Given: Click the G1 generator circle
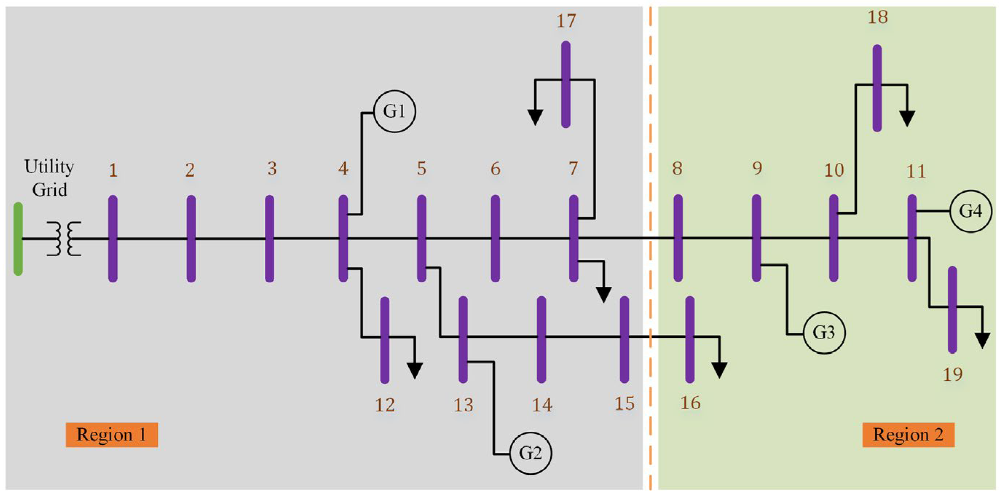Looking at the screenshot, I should point(394,112).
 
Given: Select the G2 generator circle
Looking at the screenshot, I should point(531,453).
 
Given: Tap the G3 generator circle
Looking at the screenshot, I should point(824,333).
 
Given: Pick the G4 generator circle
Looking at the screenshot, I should point(970,211).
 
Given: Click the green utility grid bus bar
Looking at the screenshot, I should point(18,239).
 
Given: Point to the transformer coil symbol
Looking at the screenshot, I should point(64,239).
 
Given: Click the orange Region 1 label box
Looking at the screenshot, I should point(111,435).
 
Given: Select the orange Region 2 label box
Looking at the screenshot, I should point(908,435).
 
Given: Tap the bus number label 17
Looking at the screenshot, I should point(566,21).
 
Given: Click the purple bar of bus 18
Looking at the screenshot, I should point(877,88).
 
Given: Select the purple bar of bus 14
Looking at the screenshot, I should point(541,339).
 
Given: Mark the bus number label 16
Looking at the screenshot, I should point(691,403).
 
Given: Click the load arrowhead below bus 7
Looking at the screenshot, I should point(603,294).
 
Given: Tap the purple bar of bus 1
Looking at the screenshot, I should point(113,239).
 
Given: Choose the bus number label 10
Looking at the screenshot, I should point(834,170).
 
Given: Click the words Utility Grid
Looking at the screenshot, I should point(49,178).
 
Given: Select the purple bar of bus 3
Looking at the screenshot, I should point(269,239).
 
